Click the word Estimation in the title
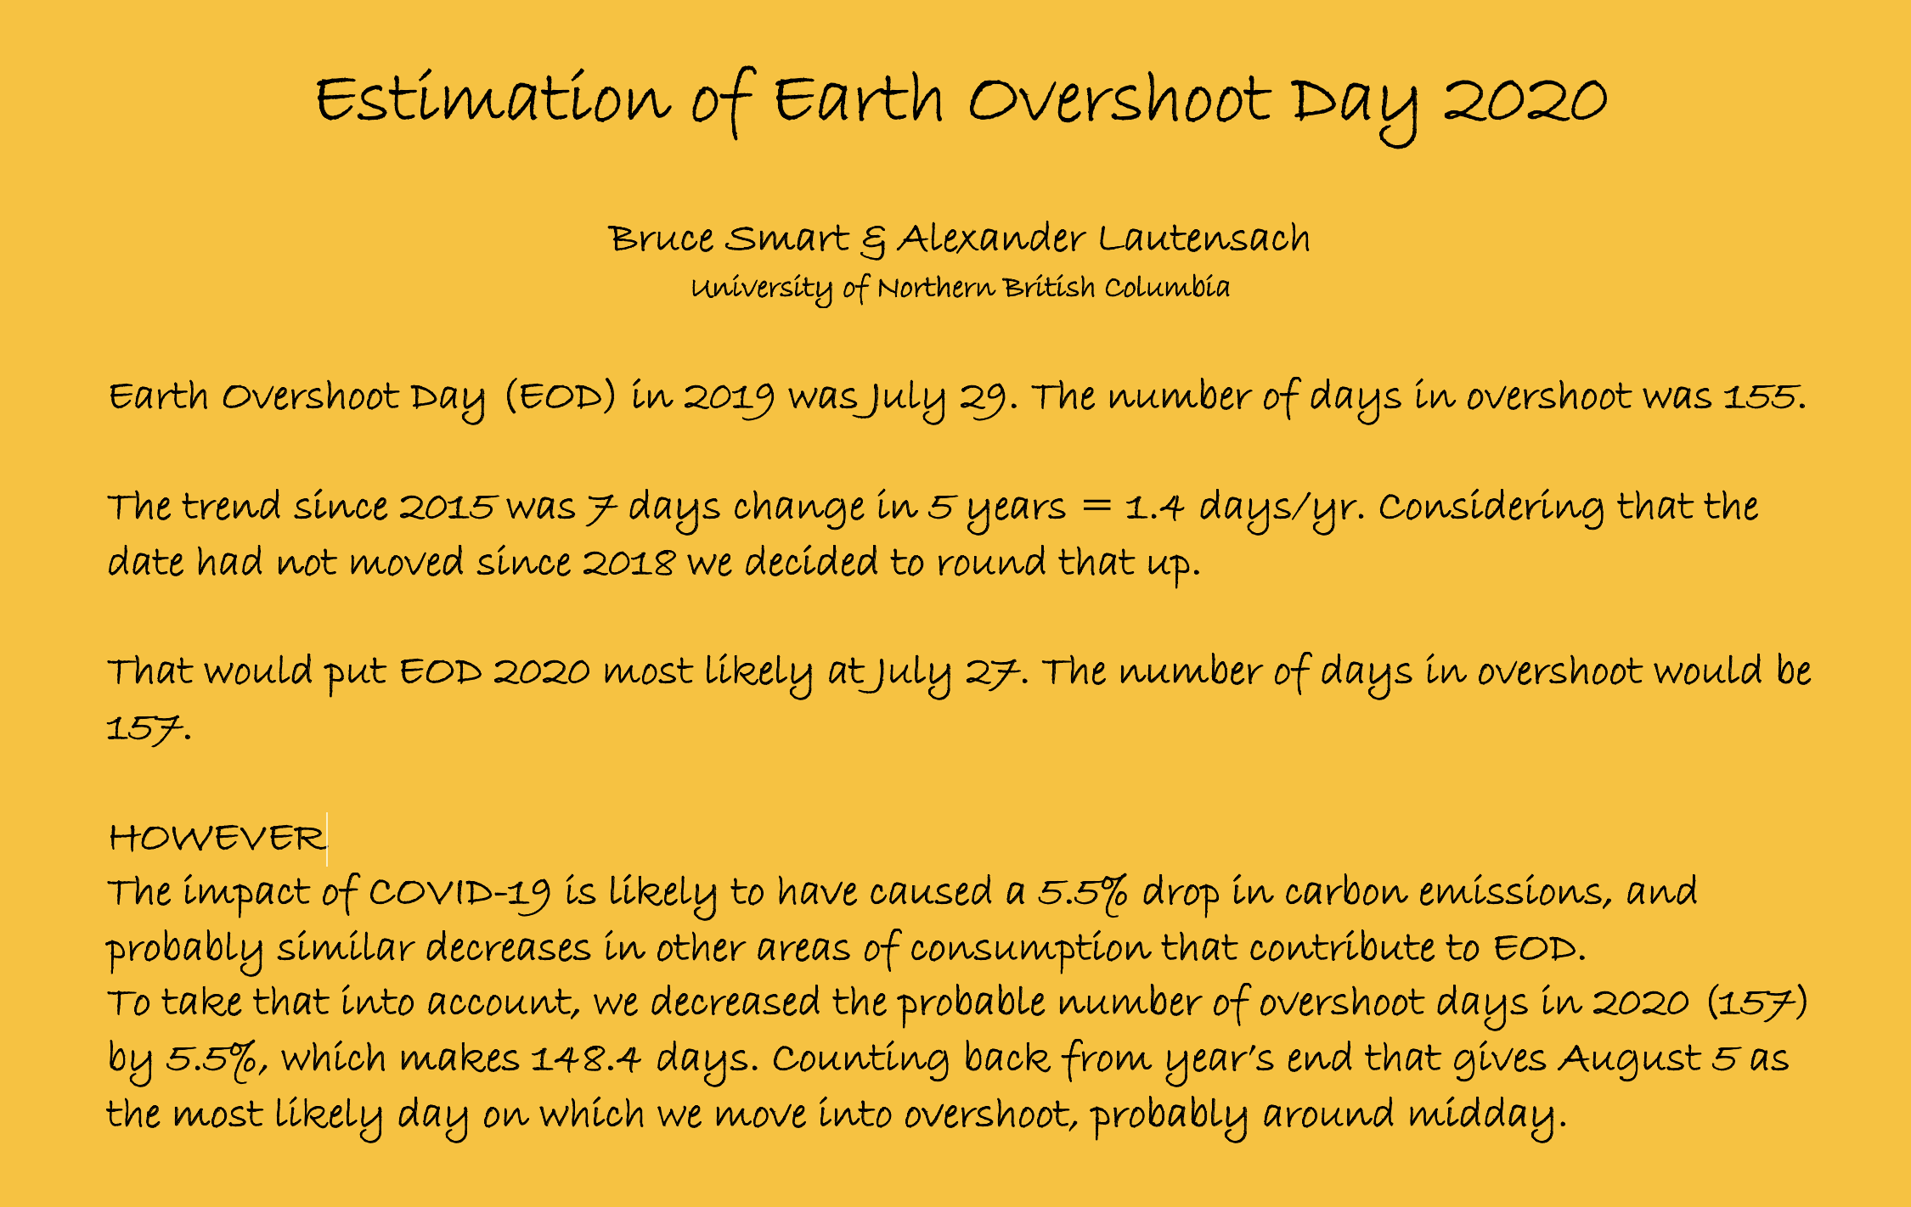click(493, 98)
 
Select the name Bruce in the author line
click(661, 239)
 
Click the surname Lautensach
click(1204, 239)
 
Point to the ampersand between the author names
click(872, 241)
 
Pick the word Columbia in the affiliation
click(1167, 287)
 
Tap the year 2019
click(729, 397)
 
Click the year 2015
click(447, 508)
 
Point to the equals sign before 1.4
click(1096, 507)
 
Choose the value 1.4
click(1154, 508)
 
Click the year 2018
click(629, 563)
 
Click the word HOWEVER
click(217, 839)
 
